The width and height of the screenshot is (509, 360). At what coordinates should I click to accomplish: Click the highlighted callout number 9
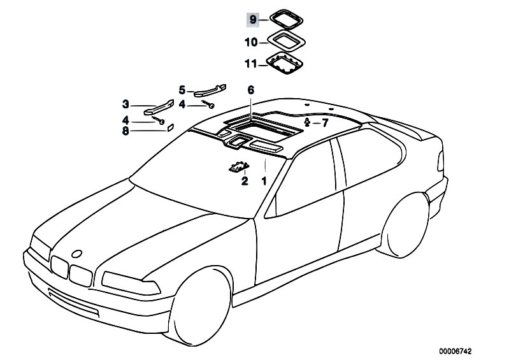[252, 21]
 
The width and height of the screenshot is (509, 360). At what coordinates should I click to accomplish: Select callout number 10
[251, 43]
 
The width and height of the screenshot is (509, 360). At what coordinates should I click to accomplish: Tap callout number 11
[251, 64]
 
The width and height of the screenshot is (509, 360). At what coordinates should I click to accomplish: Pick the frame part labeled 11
[285, 64]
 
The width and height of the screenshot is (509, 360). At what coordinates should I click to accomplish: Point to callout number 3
[125, 104]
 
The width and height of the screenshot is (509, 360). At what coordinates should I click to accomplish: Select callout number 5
[182, 90]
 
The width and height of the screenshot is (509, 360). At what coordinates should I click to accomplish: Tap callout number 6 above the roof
[251, 90]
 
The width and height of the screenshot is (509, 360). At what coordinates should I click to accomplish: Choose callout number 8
[125, 131]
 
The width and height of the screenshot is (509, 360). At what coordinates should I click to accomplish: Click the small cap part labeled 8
[171, 127]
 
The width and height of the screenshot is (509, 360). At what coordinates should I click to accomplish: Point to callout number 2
[243, 182]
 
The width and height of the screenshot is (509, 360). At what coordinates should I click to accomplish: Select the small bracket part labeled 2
[238, 168]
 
